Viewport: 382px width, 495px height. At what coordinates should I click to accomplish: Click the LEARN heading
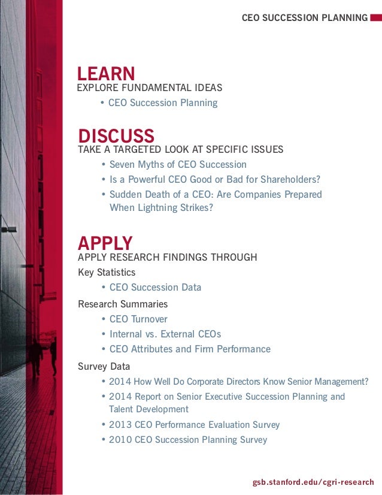coord(106,74)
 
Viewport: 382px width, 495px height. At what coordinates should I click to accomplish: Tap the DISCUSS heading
coord(116,135)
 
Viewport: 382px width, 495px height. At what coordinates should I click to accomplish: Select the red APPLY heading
coord(105,243)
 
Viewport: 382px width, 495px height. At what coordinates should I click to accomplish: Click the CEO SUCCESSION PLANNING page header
coord(305,18)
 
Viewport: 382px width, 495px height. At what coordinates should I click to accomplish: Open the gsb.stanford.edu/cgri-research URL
coord(313,482)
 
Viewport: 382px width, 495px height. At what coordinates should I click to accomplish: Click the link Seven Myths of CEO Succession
coord(178,164)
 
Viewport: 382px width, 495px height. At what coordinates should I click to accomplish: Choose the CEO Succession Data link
coord(155,287)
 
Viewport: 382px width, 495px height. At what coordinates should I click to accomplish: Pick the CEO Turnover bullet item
coord(138,319)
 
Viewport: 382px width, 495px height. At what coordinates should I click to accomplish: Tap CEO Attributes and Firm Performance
coord(190,349)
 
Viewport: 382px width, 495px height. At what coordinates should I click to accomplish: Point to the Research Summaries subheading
coord(123,304)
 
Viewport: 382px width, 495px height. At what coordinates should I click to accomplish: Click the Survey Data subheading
coord(104,366)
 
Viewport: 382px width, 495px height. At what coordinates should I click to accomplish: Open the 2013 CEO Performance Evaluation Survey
coord(194,424)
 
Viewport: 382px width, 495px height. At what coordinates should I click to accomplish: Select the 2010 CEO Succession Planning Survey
coord(187,439)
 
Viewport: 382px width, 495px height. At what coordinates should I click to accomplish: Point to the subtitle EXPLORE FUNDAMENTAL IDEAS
coord(150,88)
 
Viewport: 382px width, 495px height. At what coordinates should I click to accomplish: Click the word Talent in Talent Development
coord(122,409)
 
